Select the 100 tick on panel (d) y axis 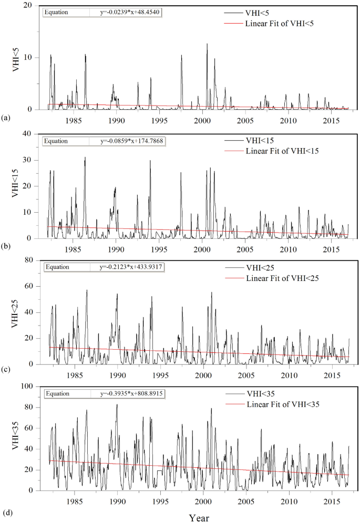pyautogui.click(x=27, y=386)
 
